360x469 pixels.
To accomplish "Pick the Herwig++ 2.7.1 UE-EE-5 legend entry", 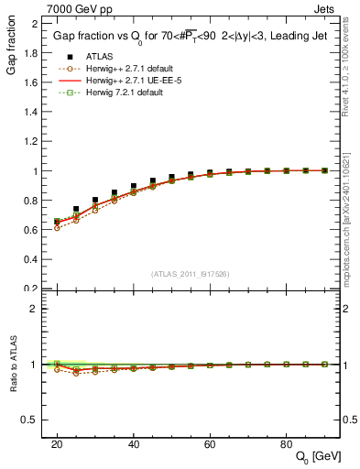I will pyautogui.click(x=107, y=81).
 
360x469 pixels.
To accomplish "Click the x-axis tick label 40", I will pyautogui.click(x=134, y=443).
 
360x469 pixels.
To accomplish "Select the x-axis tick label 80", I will pyautogui.click(x=287, y=443).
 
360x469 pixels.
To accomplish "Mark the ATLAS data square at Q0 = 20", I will pyautogui.click(x=57, y=222).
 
